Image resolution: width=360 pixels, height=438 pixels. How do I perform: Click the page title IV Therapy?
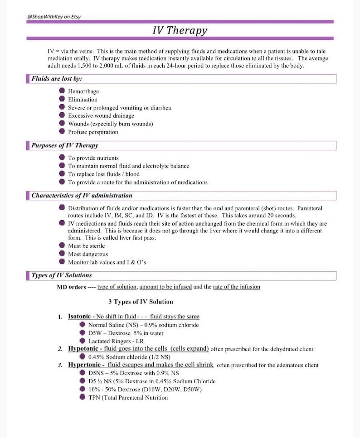click(x=180, y=30)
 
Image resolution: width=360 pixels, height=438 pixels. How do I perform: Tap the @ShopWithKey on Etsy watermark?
click(x=54, y=17)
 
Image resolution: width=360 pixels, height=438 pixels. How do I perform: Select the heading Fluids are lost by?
click(x=56, y=79)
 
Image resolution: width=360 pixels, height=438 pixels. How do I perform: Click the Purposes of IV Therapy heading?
click(x=64, y=145)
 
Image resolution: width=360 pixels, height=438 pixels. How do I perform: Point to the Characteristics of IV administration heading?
click(x=82, y=196)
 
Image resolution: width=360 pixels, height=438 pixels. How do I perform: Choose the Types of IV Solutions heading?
click(x=61, y=275)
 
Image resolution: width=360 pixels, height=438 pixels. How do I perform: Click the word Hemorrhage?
click(x=83, y=91)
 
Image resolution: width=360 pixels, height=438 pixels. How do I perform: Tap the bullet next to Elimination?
click(x=62, y=99)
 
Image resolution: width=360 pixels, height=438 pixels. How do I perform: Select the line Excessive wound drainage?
click(x=101, y=116)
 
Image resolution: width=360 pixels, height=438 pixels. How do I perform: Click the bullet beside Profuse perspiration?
click(x=62, y=131)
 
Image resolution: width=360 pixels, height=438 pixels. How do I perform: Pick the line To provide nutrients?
click(x=93, y=158)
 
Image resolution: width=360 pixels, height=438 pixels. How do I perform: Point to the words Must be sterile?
click(x=86, y=246)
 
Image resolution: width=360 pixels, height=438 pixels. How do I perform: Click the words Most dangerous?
click(x=88, y=254)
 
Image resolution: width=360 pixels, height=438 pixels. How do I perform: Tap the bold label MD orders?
click(x=71, y=287)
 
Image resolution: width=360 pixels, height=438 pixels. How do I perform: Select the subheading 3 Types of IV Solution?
click(x=141, y=302)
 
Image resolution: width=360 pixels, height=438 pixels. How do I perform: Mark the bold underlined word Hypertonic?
click(x=87, y=365)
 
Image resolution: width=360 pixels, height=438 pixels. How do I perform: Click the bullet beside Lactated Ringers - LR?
click(x=83, y=341)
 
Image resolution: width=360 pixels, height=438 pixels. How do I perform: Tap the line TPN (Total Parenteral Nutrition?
click(x=128, y=398)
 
